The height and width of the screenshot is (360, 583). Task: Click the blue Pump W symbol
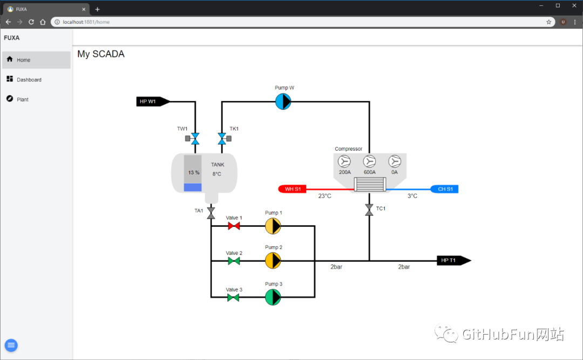click(283, 101)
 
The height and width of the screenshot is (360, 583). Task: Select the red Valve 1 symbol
click(234, 226)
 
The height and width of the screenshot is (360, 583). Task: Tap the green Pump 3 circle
click(273, 297)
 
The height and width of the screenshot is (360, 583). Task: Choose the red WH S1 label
click(292, 189)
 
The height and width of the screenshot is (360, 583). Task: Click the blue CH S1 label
click(444, 189)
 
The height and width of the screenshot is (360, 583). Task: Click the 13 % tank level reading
click(194, 173)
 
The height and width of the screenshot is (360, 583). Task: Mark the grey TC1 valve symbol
click(369, 210)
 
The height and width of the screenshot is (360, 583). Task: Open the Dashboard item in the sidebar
click(29, 79)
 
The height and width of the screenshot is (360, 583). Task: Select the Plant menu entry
click(23, 99)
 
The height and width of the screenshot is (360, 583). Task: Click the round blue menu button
click(11, 345)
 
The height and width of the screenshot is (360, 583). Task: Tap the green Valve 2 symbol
click(234, 261)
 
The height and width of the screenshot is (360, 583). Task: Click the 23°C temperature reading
click(324, 196)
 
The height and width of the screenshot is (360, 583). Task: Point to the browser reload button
click(31, 22)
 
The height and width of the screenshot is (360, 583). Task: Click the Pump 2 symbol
click(273, 261)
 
